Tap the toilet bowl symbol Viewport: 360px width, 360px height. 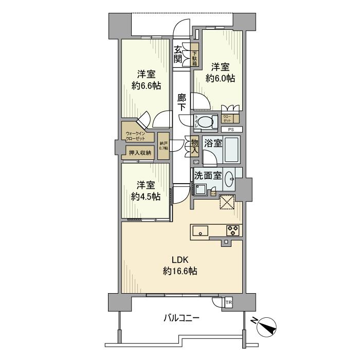[x=208, y=123]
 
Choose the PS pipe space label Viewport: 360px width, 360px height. [x=231, y=130]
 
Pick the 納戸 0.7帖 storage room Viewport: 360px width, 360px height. [x=164, y=146]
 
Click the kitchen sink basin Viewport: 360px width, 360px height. [x=200, y=231]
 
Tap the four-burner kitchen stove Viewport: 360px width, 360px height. [x=233, y=230]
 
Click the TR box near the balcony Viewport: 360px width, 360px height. [x=228, y=302]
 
